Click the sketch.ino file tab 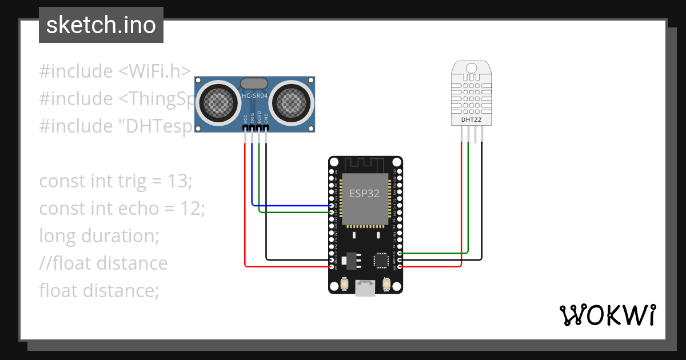(x=101, y=25)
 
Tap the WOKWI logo (x=607, y=315)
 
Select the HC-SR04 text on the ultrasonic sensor (x=255, y=95)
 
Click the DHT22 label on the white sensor (x=472, y=120)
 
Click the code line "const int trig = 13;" (x=116, y=181)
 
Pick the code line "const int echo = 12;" (x=122, y=209)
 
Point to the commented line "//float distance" (x=103, y=263)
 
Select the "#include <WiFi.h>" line (x=114, y=71)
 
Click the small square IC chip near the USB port (x=381, y=260)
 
